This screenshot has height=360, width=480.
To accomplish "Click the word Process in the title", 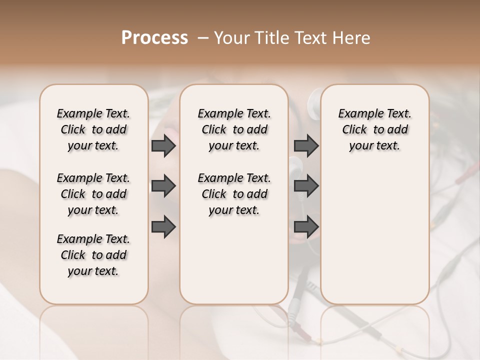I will pos(154,38).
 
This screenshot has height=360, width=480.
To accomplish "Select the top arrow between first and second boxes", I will pos(163,145).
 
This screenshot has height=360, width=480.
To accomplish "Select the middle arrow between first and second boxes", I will pos(163,186).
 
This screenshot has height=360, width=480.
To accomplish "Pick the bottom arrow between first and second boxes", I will pos(163,226).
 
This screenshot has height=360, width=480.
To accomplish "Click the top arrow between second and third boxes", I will pos(306,145).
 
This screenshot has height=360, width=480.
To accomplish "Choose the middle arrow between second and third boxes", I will pos(306,186).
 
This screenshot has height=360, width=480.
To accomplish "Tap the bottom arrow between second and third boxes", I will pos(306,226).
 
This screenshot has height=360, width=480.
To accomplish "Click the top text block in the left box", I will pos(93,129).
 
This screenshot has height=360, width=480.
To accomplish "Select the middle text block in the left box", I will pos(93,194).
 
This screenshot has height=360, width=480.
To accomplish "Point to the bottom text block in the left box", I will pos(93,255).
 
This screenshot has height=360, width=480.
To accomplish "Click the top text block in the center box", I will pos(234,129).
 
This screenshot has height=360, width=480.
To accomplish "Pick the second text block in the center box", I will pos(234,194).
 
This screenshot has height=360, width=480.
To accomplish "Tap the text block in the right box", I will pos(374,129).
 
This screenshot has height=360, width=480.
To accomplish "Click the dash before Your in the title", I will pos(202,38).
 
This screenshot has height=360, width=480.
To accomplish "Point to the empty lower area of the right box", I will pos(374,235).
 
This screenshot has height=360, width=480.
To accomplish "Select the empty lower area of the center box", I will pos(234,260).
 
